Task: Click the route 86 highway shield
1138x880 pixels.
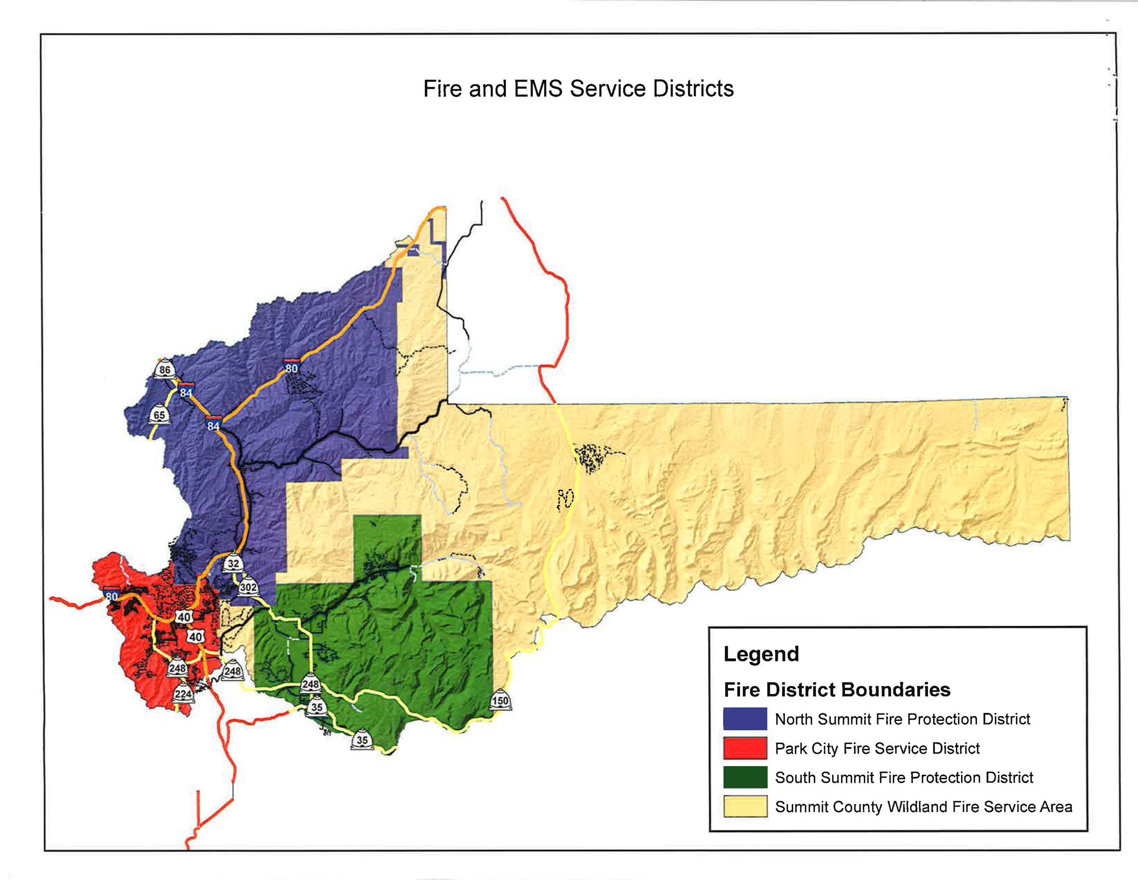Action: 165,369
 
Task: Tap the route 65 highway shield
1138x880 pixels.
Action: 159,414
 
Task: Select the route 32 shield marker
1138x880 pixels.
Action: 233,562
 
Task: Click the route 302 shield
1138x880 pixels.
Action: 248,587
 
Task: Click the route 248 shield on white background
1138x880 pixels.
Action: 232,671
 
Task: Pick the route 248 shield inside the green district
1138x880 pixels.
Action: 310,683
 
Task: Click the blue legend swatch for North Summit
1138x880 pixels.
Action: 745,719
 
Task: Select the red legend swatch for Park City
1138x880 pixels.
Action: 745,748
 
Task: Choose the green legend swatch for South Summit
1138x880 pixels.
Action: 745,778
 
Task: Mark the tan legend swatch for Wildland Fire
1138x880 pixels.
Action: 745,806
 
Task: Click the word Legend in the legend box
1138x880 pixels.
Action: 761,654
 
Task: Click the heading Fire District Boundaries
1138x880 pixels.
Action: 836,690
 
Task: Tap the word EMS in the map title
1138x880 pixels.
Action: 538,88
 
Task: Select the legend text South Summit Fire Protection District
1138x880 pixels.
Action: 903,778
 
